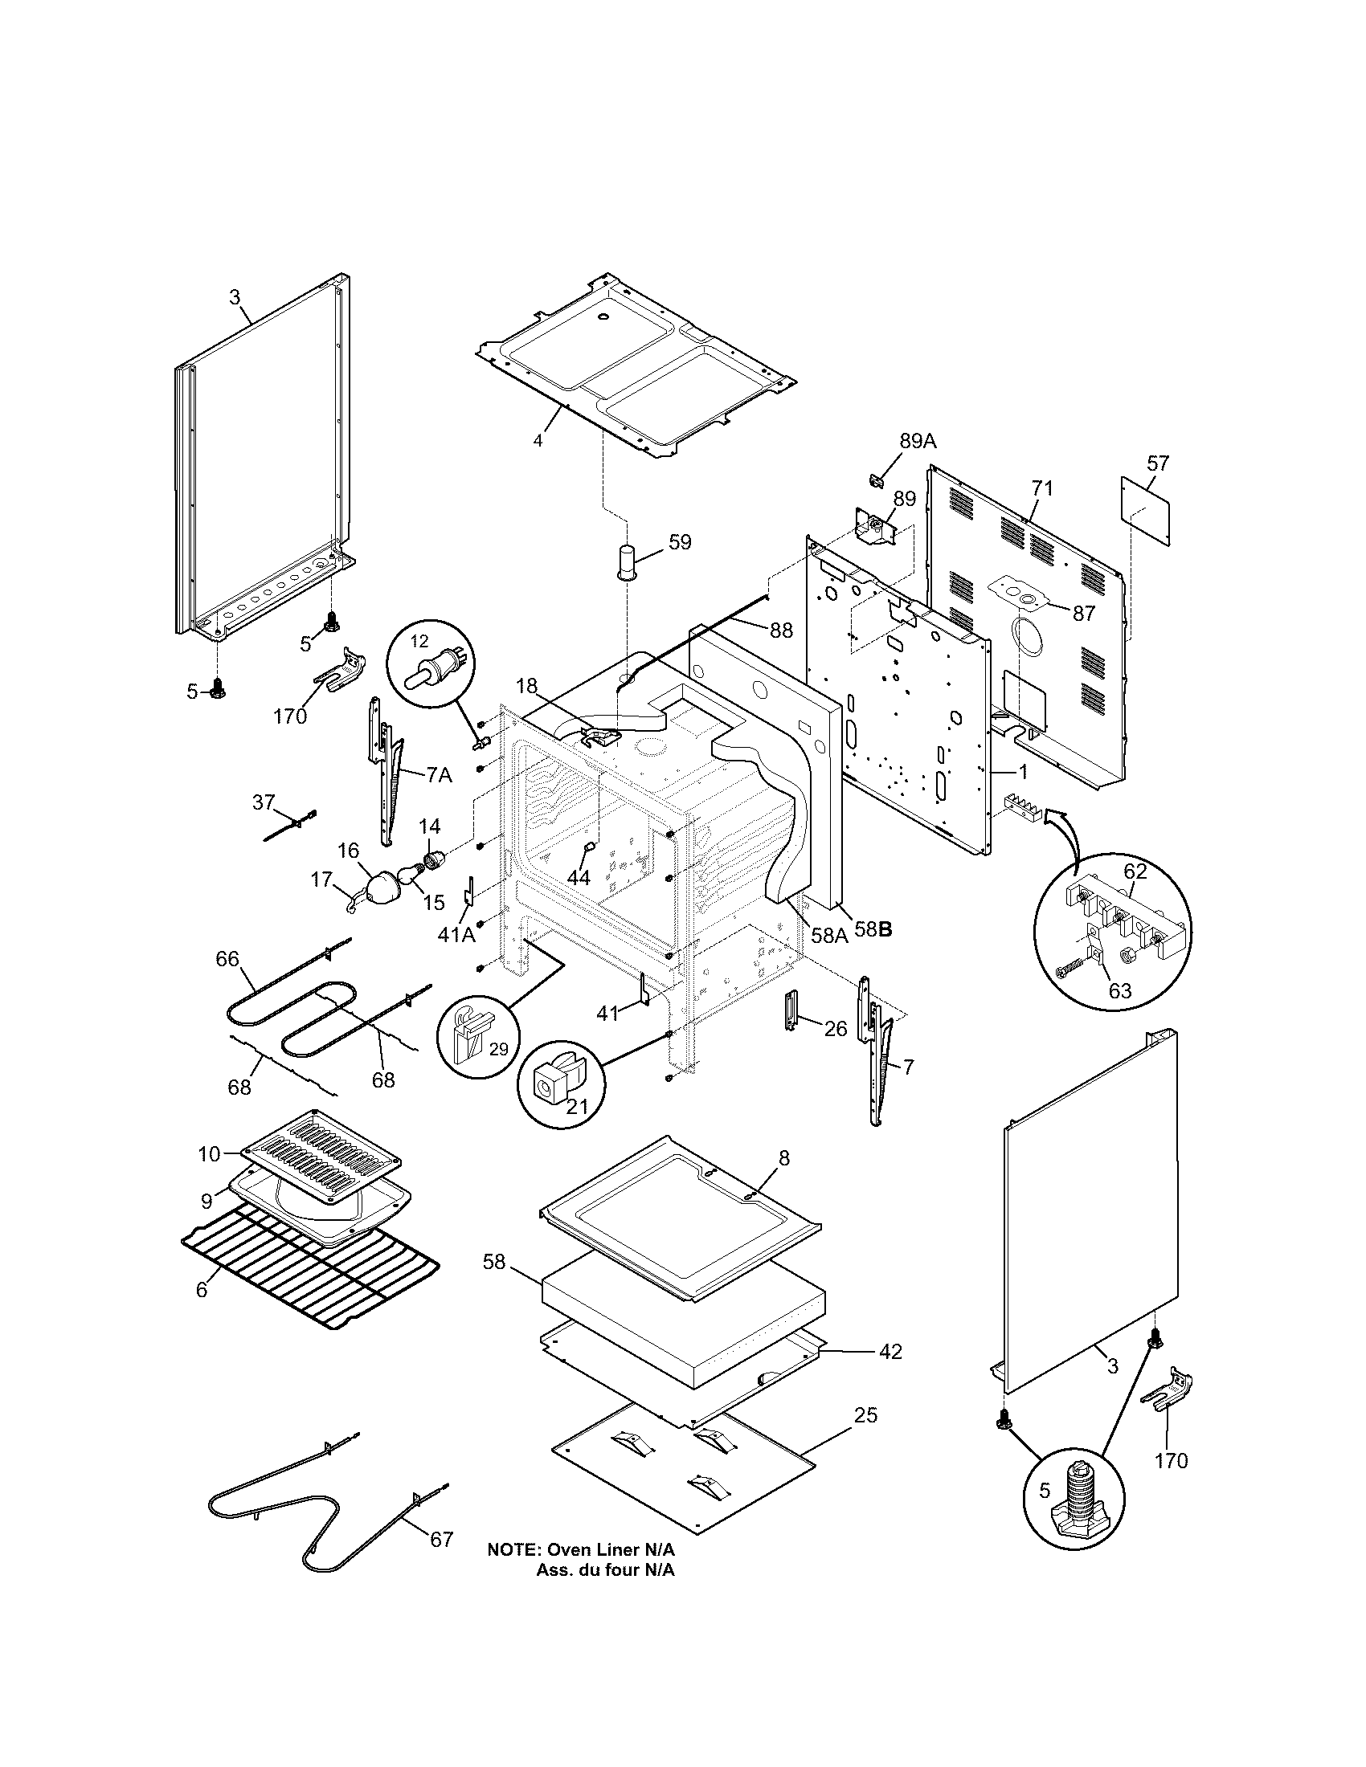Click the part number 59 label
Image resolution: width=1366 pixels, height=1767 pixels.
tap(681, 541)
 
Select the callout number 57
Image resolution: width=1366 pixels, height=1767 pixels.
tap(1158, 463)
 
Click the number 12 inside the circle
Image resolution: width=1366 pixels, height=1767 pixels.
tap(419, 641)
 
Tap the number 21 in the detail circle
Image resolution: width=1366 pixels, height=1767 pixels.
tap(577, 1105)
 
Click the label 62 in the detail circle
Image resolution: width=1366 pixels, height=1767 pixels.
tap(1135, 871)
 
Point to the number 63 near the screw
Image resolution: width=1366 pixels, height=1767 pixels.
tap(1119, 990)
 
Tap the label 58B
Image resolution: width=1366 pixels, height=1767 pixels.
tap(874, 929)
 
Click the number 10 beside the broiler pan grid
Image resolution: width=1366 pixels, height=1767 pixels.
tap(209, 1153)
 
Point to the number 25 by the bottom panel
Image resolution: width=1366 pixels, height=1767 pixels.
tap(866, 1414)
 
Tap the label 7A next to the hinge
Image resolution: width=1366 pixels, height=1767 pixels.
tap(439, 774)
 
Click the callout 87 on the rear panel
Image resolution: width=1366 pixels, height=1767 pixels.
tap(1084, 613)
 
